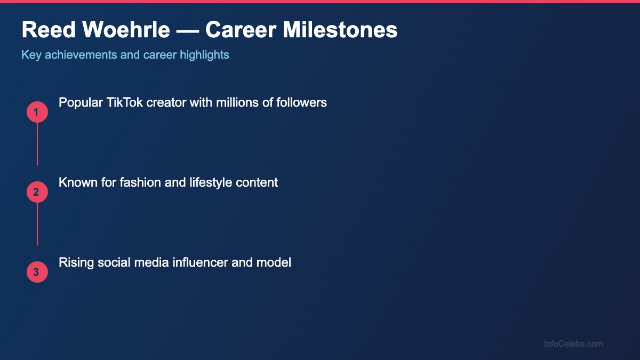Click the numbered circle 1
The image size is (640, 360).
pos(37,112)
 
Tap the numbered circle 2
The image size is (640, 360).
pos(37,192)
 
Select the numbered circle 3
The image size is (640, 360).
pos(37,272)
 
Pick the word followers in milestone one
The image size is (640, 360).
pos(301,102)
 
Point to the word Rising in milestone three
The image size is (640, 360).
pos(76,262)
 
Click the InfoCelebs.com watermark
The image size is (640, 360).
pos(573,344)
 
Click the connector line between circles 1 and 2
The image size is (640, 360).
pos(37,144)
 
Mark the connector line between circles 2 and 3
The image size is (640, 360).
pos(37,224)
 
